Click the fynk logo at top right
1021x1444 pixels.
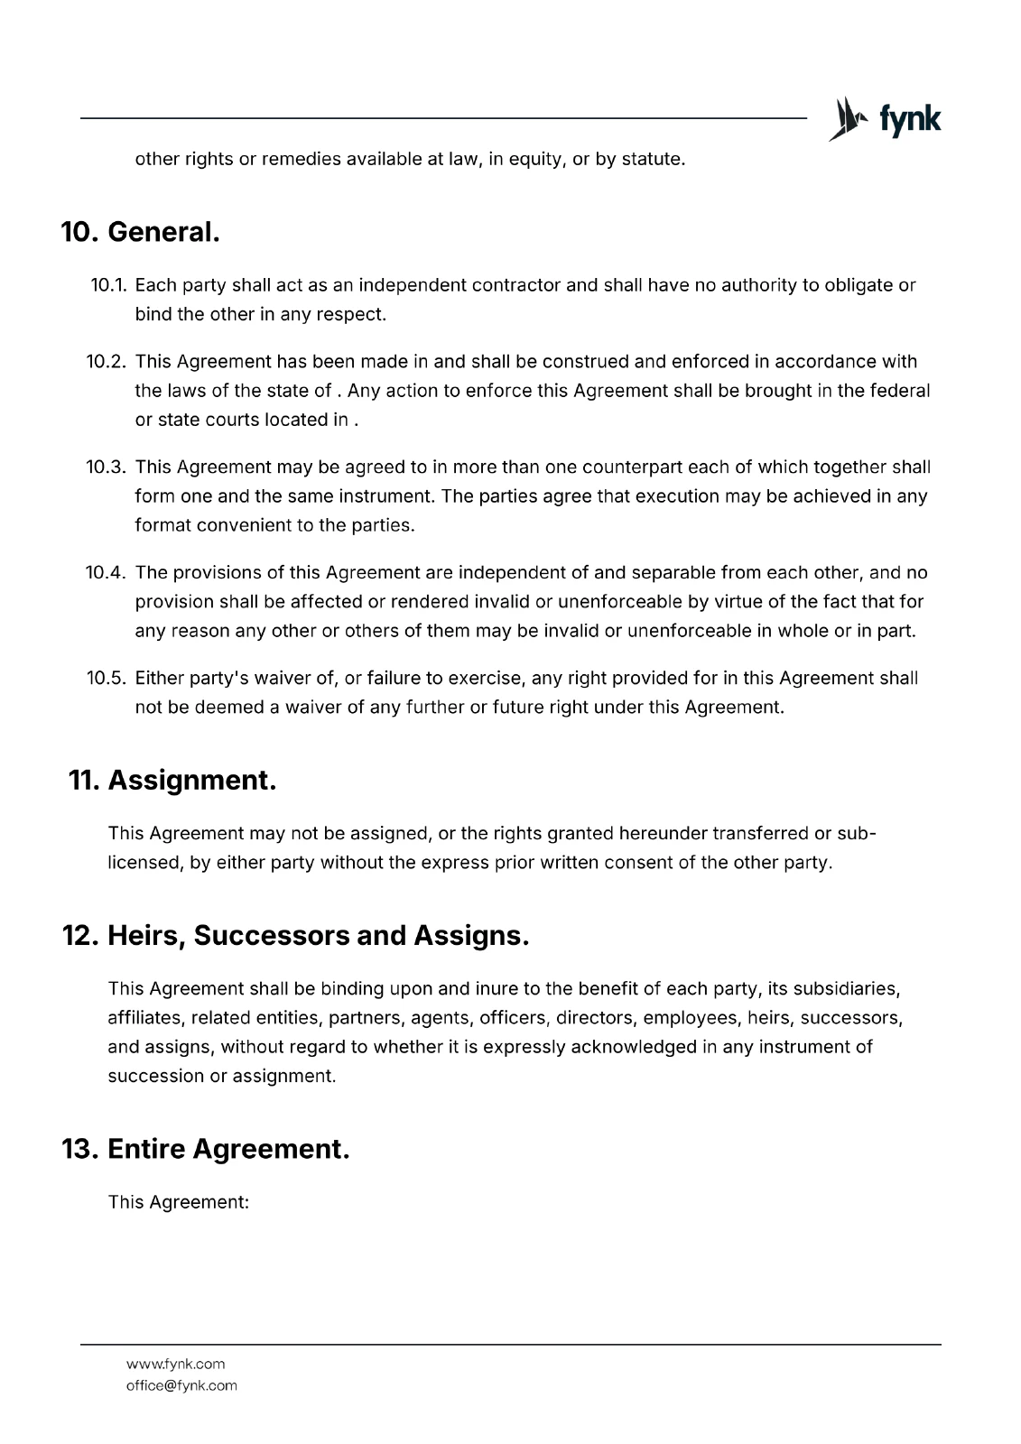[884, 119]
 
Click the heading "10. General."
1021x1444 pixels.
[141, 232]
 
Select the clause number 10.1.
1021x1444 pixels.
[109, 286]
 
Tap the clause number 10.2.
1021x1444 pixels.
[107, 362]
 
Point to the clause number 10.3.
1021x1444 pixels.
[107, 467]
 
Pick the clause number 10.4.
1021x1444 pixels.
[107, 573]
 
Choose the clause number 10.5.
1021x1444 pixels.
[107, 679]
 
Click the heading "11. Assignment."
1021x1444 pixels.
[172, 780]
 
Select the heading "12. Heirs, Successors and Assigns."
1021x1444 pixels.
[295, 935]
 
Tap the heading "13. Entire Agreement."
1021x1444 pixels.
[206, 1149]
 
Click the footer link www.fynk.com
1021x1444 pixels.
[175, 1364]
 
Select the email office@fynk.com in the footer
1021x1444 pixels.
[181, 1385]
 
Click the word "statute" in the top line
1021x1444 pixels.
[653, 160]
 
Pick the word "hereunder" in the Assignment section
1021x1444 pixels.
[664, 833]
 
